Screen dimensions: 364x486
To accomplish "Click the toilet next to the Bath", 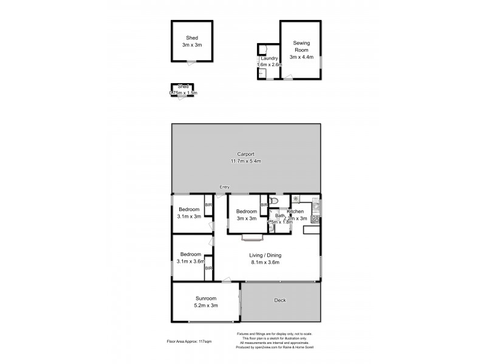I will (x=275, y=200).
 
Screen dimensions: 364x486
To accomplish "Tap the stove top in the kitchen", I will (x=315, y=218).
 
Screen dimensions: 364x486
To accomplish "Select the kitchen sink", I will (x=315, y=206).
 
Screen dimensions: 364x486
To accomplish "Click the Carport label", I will (x=245, y=154).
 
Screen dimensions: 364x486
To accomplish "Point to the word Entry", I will (x=225, y=187).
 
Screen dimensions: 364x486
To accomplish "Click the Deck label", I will (x=280, y=300).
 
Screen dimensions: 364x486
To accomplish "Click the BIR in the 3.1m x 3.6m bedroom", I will (x=208, y=268).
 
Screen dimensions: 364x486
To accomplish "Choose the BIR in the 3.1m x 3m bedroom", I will (x=208, y=206).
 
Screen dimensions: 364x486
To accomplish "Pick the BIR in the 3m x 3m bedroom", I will (x=264, y=206).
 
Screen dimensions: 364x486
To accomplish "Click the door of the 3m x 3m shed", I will (x=191, y=61).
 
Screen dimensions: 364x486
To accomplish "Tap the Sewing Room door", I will (x=287, y=78).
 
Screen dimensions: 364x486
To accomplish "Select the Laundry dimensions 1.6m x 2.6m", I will (x=270, y=64).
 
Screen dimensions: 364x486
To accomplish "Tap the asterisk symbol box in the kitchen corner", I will (x=296, y=198).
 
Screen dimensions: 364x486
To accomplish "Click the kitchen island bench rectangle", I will (x=312, y=229).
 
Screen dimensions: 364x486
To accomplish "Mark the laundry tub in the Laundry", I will (x=261, y=73).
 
